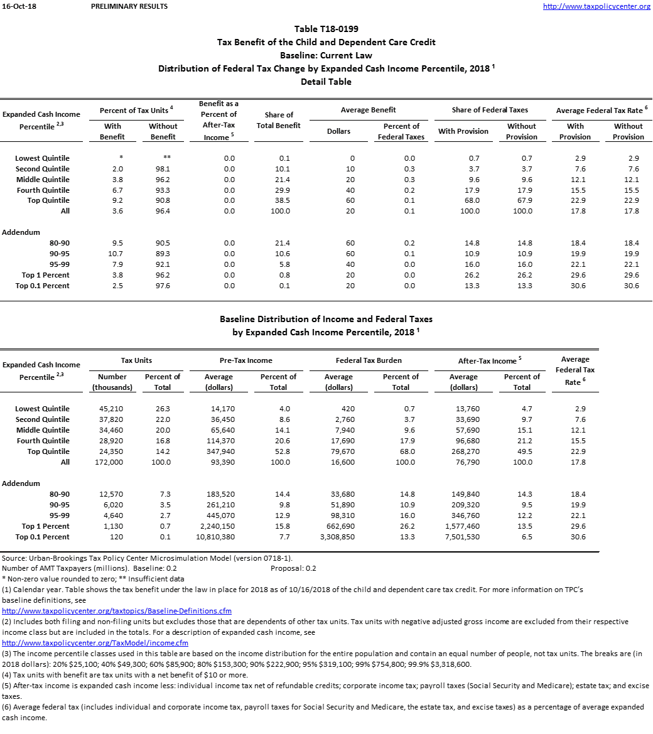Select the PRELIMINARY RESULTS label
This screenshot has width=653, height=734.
pyautogui.click(x=129, y=6)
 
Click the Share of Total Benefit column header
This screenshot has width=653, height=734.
pyautogui.click(x=279, y=120)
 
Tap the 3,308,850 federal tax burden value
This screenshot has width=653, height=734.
pyautogui.click(x=338, y=537)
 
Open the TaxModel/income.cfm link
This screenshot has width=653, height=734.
pyautogui.click(x=95, y=642)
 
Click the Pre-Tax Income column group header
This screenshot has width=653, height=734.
pyautogui.click(x=247, y=360)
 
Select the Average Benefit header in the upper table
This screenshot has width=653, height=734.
pyautogui.click(x=368, y=110)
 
